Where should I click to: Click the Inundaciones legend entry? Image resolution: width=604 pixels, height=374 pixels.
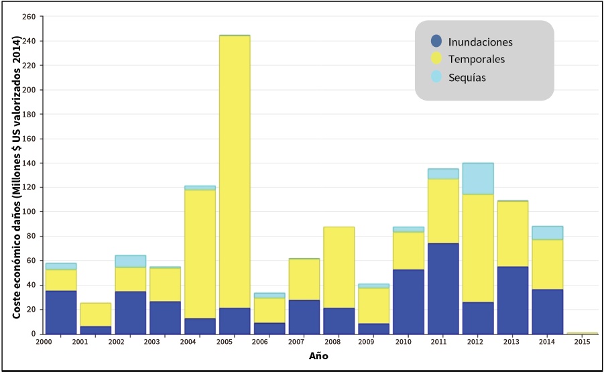(x=480, y=42)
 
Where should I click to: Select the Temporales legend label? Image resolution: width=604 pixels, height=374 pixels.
(x=477, y=60)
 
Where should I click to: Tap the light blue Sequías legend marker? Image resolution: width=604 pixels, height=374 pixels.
(x=436, y=76)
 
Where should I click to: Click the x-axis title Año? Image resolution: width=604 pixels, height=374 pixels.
(x=318, y=356)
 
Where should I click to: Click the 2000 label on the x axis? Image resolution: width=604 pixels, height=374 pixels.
(x=44, y=342)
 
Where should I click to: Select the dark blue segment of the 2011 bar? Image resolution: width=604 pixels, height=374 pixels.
(x=442, y=288)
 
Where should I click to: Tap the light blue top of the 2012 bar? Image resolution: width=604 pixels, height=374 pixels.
(x=477, y=178)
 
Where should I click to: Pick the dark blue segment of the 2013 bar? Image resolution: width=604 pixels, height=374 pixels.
(x=512, y=300)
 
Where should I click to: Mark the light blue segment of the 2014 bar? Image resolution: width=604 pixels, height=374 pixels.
(x=547, y=233)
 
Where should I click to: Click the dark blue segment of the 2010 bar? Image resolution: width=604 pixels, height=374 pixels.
(x=408, y=302)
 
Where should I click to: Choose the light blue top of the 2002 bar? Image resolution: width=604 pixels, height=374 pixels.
(x=131, y=261)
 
